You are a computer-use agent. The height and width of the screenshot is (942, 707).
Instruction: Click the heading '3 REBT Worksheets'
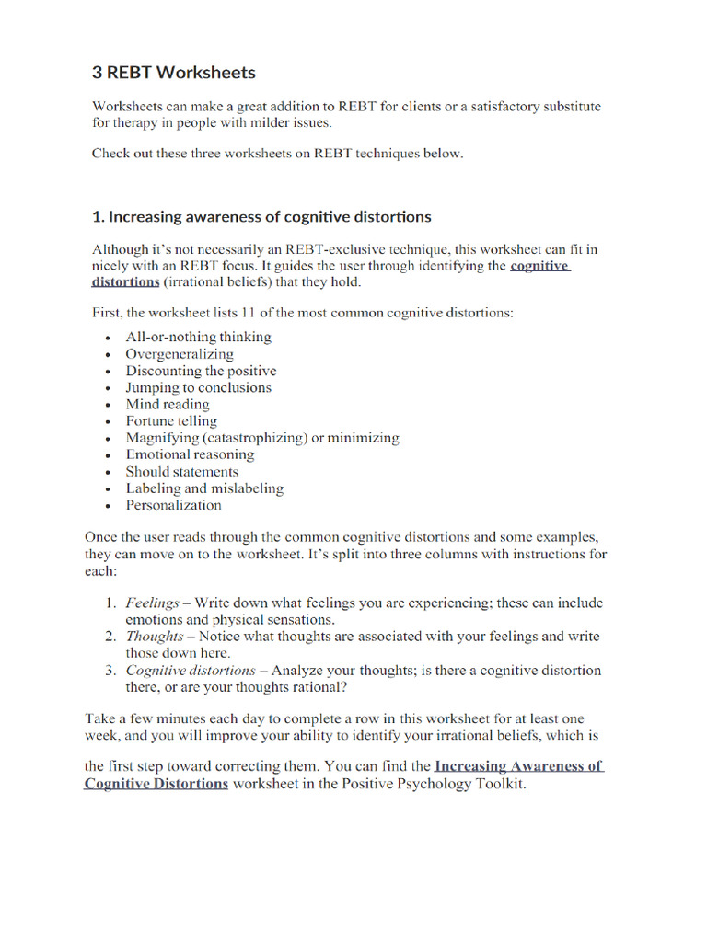pyautogui.click(x=173, y=72)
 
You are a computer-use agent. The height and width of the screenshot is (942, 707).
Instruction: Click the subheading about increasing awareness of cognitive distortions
pyautogui.click(x=261, y=217)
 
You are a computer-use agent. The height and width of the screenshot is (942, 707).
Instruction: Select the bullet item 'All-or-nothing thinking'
pyautogui.click(x=198, y=337)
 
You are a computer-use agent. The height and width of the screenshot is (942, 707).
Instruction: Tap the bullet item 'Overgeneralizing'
pyautogui.click(x=180, y=354)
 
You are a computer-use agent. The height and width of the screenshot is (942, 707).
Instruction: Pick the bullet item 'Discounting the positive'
pyautogui.click(x=201, y=371)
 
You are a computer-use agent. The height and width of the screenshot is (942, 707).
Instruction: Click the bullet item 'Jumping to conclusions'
pyautogui.click(x=198, y=387)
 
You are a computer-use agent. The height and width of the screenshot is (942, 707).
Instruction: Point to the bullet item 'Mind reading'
pyautogui.click(x=168, y=404)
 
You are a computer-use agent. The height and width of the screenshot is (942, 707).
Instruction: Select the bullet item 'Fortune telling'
pyautogui.click(x=171, y=421)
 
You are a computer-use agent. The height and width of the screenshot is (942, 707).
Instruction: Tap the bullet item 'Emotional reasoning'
pyautogui.click(x=190, y=454)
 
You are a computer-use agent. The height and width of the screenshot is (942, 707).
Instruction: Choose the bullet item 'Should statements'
pyautogui.click(x=181, y=472)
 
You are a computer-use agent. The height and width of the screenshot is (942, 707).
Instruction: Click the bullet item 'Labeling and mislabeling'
pyautogui.click(x=204, y=488)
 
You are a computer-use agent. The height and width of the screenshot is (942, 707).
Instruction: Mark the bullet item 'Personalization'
pyautogui.click(x=173, y=505)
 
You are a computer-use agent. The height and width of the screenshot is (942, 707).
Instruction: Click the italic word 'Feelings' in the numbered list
pyautogui.click(x=153, y=603)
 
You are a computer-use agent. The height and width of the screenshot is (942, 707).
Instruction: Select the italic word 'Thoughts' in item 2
pyautogui.click(x=155, y=637)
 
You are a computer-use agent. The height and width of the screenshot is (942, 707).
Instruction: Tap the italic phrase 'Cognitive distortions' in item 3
pyautogui.click(x=191, y=671)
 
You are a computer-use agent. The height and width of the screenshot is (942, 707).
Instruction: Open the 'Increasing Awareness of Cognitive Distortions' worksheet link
pyautogui.click(x=518, y=766)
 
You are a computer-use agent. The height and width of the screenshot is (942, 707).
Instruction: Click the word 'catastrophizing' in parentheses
pyautogui.click(x=255, y=438)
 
